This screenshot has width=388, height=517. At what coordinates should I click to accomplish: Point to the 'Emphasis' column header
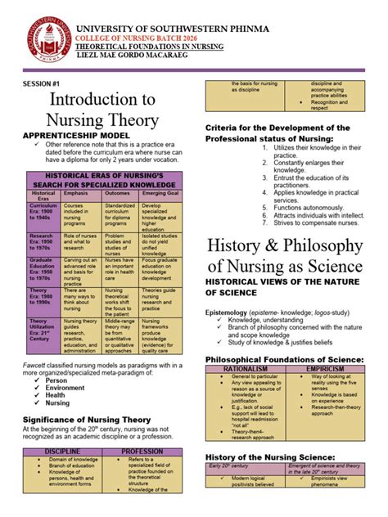click(79, 194)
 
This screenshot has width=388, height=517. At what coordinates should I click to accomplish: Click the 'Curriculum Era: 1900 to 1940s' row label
click(42, 214)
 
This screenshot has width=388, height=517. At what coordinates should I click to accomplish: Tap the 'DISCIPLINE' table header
click(62, 451)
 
